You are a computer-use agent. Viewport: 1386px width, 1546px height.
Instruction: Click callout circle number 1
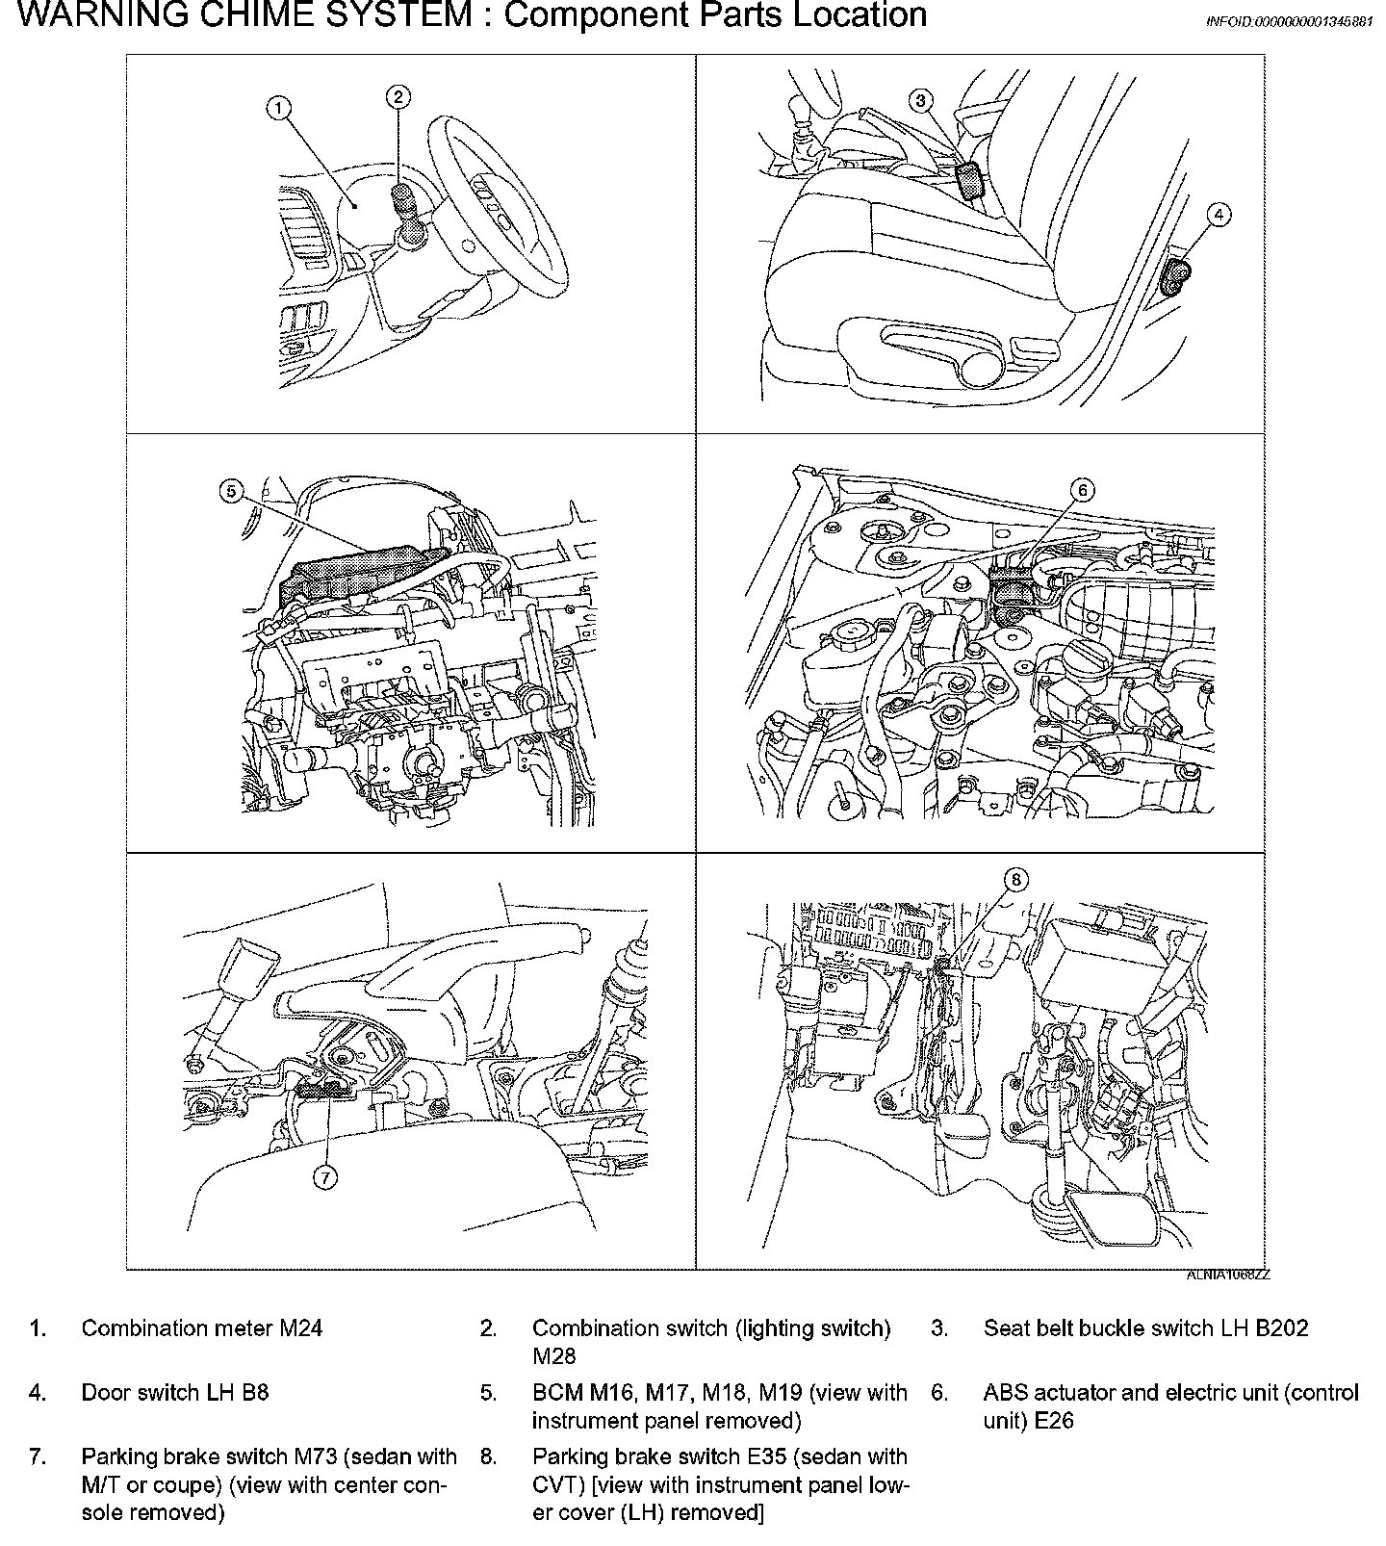278,109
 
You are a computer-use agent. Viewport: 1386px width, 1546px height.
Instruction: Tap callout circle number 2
398,95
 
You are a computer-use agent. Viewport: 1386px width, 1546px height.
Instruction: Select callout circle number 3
921,100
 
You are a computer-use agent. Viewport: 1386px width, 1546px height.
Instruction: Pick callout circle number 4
1219,215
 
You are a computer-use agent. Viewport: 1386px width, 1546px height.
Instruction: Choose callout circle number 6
1082,491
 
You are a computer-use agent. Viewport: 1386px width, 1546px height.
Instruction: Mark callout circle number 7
325,1176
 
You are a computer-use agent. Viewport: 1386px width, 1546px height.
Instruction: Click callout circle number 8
1016,879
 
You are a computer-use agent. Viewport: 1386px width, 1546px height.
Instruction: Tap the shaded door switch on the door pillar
1176,275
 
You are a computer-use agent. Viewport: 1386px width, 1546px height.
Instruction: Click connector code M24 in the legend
300,1328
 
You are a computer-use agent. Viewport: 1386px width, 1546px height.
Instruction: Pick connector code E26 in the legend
1054,1420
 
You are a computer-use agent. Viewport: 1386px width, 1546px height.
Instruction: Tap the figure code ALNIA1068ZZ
1228,1275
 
